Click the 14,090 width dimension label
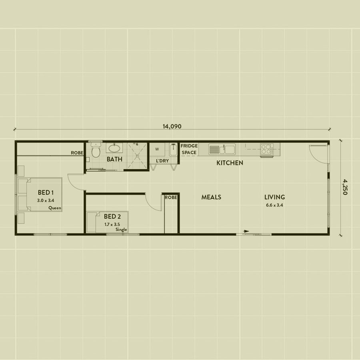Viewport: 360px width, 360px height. pos(172,126)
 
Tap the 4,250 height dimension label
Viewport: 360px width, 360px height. pos(345,187)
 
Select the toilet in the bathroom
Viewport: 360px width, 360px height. pos(96,150)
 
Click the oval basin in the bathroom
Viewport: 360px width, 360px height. pos(114,148)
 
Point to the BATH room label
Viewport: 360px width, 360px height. pos(114,159)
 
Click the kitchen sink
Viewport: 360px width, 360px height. pos(222,149)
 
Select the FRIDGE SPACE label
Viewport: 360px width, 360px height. pos(189,149)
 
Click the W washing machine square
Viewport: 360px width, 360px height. pos(157,150)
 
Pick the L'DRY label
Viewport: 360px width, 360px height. pos(162,161)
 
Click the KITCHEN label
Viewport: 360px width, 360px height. pos(230,163)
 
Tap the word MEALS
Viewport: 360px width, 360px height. pos(211,197)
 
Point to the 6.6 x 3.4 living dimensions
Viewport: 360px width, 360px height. pos(274,205)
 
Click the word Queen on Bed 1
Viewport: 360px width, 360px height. pos(55,208)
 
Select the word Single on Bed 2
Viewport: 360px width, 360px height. pos(121,230)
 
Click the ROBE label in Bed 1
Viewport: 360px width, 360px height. pos(77,153)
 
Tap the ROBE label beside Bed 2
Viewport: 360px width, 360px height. pos(171,198)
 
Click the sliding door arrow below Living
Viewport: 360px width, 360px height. pos(246,231)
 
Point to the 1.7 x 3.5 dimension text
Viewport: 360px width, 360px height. pos(112,224)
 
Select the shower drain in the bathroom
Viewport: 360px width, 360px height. pos(137,156)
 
